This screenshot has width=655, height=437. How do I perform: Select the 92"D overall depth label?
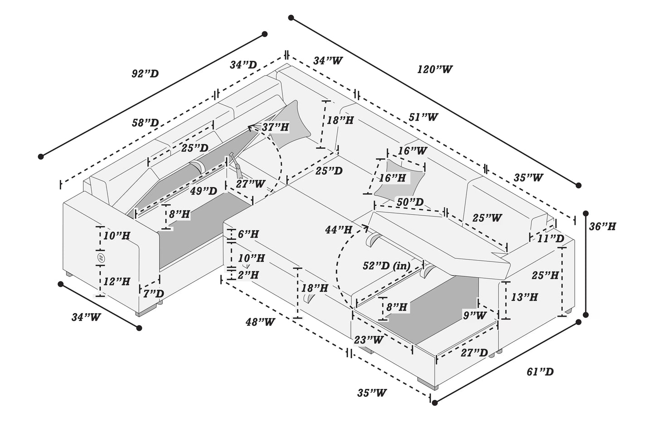point(145,74)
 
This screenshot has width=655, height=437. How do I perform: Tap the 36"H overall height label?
point(602,226)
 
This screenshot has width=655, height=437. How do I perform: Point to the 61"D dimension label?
point(540,372)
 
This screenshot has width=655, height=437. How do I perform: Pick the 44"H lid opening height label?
point(338,230)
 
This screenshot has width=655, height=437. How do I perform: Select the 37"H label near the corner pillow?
point(275,128)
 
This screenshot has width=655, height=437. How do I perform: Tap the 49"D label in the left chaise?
point(204,191)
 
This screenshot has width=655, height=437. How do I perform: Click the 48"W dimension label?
point(260,322)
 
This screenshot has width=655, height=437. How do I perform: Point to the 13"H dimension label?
point(524,297)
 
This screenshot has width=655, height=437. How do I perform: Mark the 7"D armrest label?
point(153,294)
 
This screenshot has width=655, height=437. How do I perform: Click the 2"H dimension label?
point(248,275)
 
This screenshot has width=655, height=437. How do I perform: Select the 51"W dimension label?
point(423,117)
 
